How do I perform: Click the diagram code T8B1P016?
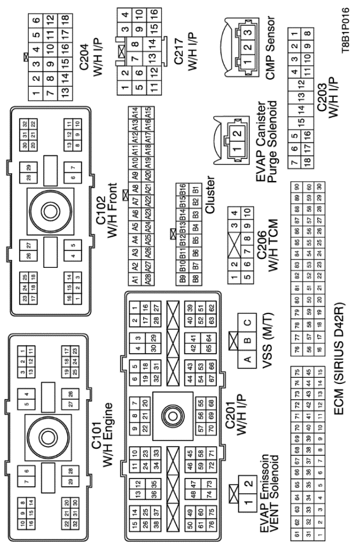pyautogui.click(x=345, y=31)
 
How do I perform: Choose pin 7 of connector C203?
pyautogui.click(x=295, y=162)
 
